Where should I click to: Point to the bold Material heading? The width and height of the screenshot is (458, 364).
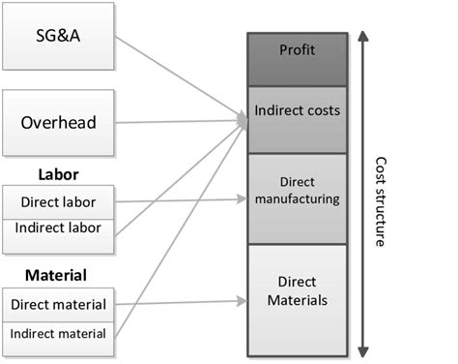tap(62, 275)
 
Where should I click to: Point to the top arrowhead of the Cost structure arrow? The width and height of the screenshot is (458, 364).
tap(361, 37)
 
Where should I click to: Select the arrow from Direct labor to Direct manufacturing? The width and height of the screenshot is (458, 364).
tap(184, 201)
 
